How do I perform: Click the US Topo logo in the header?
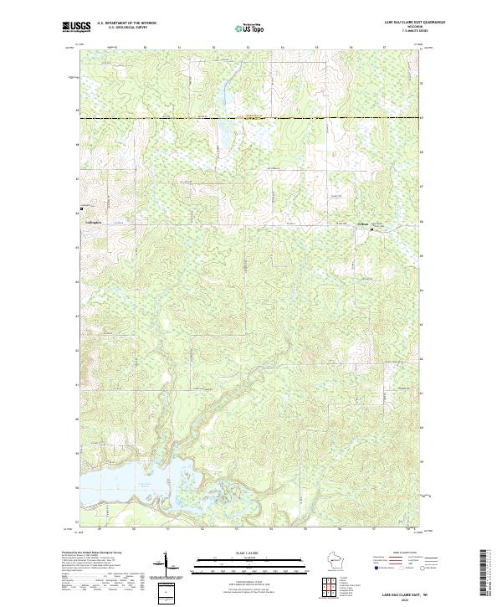[x=249, y=28]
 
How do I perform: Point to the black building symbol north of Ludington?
[x=81, y=208]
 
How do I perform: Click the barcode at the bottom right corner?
[x=484, y=574]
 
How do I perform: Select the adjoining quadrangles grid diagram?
[x=331, y=586]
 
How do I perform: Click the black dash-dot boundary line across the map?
[x=251, y=118]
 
